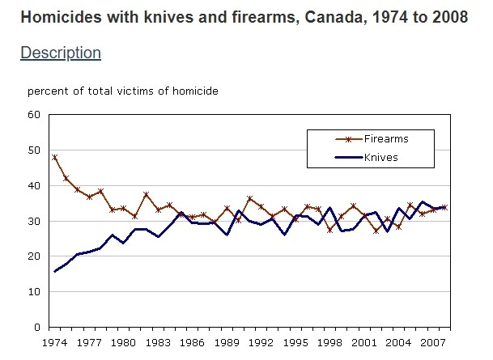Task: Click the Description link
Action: pos(60,53)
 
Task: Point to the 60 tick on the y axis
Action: pos(34,114)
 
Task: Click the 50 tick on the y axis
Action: pos(34,150)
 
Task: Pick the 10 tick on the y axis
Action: pos(34,292)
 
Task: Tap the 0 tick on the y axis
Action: pos(37,328)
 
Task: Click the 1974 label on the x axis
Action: pos(53,343)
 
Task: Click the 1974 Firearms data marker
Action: pos(54,157)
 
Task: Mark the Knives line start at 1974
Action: pos(54,272)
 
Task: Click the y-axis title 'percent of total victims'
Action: pos(122,91)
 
